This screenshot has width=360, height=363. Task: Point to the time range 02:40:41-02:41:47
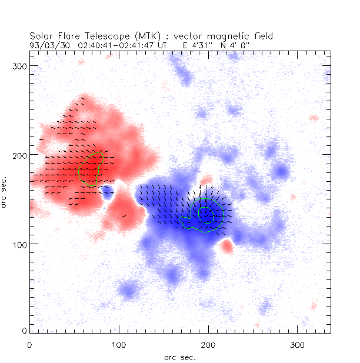coord(118,44)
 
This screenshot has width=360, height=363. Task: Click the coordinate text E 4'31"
coord(196,44)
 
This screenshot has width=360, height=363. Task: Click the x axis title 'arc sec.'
coord(180,357)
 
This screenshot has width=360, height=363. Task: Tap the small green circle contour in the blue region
coord(206,214)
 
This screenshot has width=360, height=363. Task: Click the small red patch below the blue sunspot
coord(227,247)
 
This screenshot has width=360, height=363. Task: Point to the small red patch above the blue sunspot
coord(206,180)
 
